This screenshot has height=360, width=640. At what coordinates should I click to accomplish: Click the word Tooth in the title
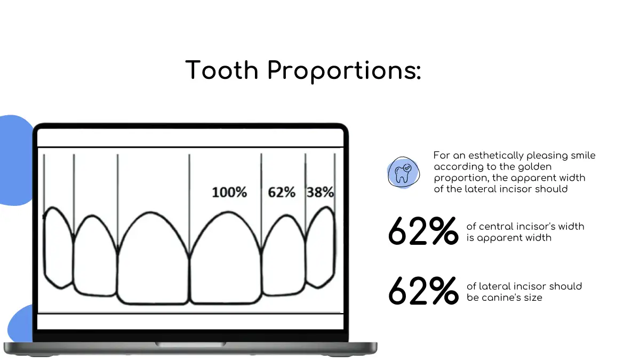pos(222,70)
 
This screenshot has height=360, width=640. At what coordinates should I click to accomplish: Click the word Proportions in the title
pos(344,71)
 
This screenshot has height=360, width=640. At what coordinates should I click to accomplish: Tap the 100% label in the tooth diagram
pos(229,193)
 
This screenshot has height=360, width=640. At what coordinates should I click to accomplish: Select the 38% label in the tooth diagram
pos(320,192)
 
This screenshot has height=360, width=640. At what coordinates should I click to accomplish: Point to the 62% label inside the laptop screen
pos(282,193)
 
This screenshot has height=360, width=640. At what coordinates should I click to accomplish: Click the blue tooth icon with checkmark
pos(403,172)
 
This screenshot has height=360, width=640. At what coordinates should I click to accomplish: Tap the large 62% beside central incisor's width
pos(423,231)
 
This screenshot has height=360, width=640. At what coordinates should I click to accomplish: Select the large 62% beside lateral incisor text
pos(423,291)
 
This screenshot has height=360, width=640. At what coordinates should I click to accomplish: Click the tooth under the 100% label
pos(226,257)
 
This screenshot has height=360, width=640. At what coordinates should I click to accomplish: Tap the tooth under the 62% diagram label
pos(284,255)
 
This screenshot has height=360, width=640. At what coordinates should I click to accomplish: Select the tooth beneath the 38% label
pos(321,247)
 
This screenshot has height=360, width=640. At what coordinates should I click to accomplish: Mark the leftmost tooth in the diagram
pos(59,247)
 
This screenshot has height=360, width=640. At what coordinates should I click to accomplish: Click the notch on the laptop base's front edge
pos(190,344)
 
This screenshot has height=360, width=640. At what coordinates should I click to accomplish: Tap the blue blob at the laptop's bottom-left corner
pos(21,323)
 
